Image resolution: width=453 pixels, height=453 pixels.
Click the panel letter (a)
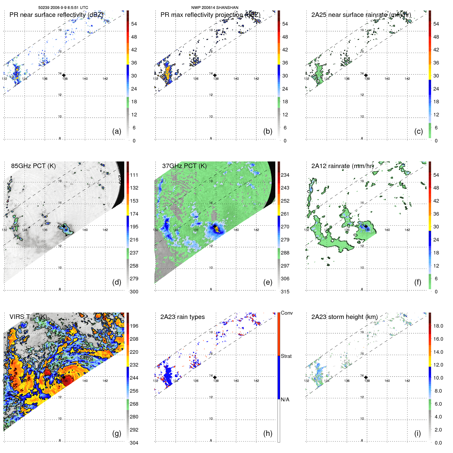(117, 131)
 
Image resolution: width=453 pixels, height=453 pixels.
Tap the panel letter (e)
(268, 282)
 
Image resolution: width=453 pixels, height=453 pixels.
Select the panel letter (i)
(417, 433)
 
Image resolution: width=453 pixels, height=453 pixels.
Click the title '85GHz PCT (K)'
(33, 166)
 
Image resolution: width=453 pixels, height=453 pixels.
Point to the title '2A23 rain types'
(182, 317)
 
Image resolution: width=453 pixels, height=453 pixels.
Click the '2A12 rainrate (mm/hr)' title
(342, 166)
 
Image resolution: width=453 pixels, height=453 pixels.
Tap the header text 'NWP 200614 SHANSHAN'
(215, 8)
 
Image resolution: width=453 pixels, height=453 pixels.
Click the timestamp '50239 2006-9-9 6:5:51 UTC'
(63, 8)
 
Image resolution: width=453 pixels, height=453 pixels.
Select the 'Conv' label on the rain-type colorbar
(287, 313)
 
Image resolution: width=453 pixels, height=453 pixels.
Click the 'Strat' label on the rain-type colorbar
(286, 356)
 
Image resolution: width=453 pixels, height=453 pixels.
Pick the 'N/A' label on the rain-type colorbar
(285, 400)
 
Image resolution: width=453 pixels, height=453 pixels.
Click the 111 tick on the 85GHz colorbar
(134, 175)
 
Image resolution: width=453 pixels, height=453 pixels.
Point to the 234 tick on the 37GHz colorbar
(285, 175)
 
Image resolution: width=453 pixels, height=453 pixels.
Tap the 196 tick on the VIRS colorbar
(134, 326)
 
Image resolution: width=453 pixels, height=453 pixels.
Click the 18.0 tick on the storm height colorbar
(438, 326)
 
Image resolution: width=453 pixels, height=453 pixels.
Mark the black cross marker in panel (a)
(64, 75)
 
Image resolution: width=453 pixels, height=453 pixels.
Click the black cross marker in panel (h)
(215, 377)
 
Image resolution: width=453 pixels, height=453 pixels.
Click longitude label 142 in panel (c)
(407, 79)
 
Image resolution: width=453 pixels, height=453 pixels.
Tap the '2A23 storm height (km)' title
(344, 317)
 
